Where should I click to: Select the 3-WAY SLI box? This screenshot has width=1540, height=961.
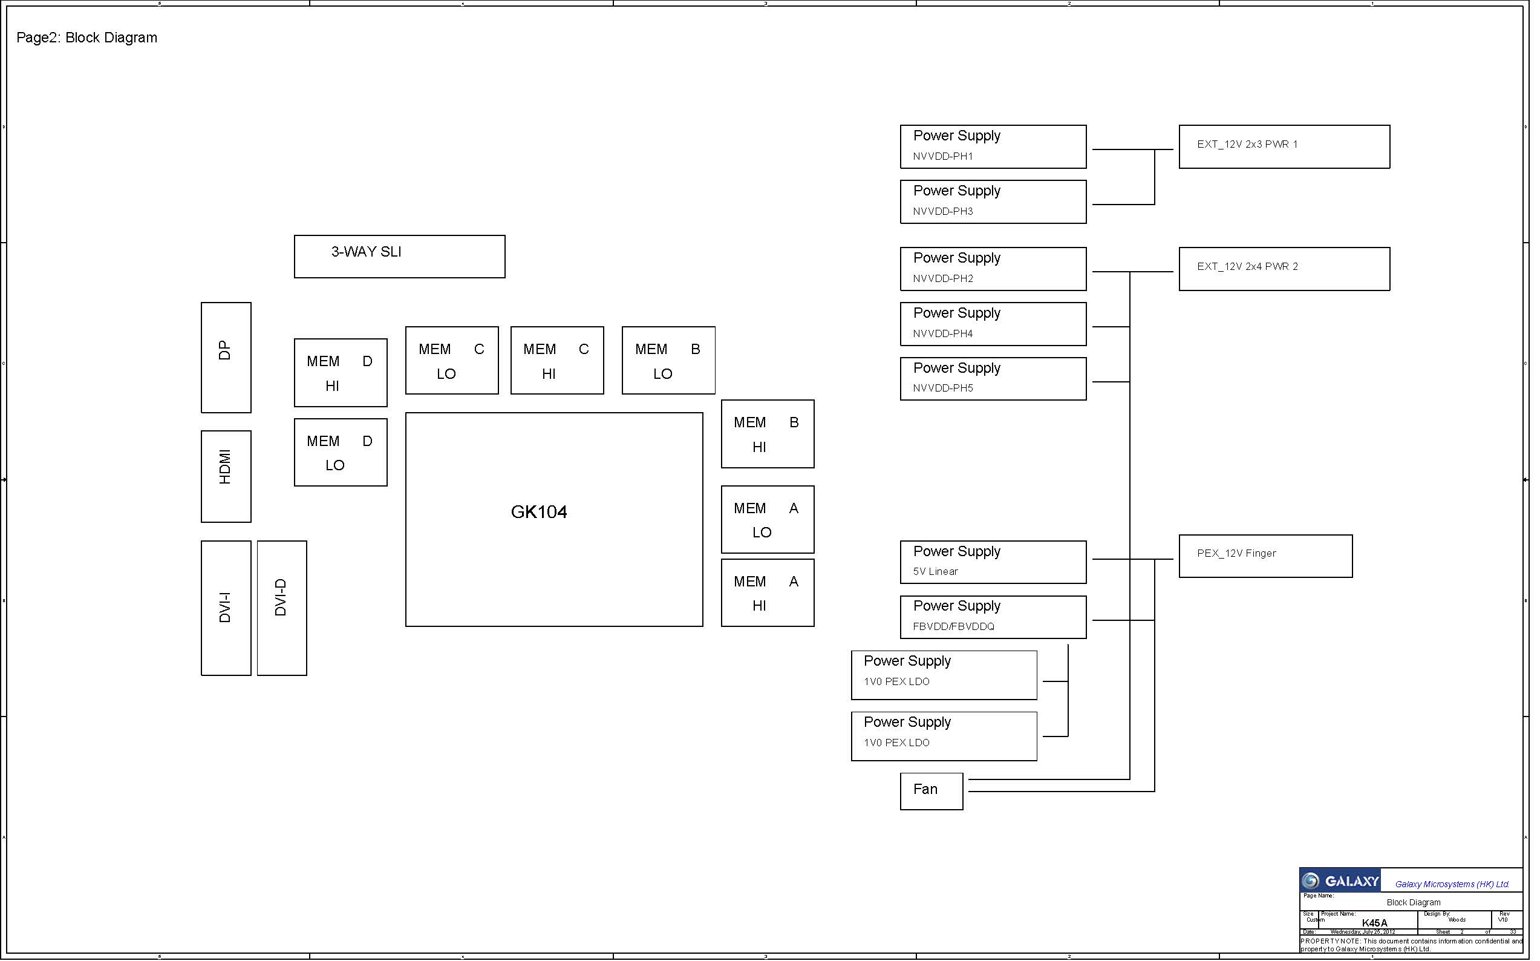pyautogui.click(x=400, y=257)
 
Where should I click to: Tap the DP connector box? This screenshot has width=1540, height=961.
pyautogui.click(x=226, y=358)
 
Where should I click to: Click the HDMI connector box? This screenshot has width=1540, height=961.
pyautogui.click(x=226, y=477)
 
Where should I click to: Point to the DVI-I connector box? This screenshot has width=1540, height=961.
pyautogui.click(x=226, y=608)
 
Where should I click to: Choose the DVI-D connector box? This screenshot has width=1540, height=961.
pyautogui.click(x=281, y=608)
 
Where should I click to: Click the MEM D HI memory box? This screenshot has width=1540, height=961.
pyautogui.click(x=341, y=373)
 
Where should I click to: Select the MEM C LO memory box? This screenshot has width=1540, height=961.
pyautogui.click(x=452, y=361)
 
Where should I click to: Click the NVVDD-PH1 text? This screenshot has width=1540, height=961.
pyautogui.click(x=943, y=156)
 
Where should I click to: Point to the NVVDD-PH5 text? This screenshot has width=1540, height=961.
pyautogui.click(x=943, y=389)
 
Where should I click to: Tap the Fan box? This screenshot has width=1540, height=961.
pyautogui.click(x=932, y=792)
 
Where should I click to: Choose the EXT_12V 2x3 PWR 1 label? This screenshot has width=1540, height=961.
pyautogui.click(x=1247, y=144)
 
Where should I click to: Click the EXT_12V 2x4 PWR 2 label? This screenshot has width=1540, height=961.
pyautogui.click(x=1247, y=267)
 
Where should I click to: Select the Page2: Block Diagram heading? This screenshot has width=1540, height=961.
pyautogui.click(x=87, y=38)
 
